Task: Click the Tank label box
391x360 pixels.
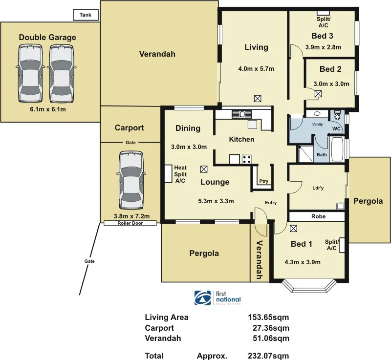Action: tap(86, 15)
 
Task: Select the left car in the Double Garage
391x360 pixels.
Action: tap(30, 73)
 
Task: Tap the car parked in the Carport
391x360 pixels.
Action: tap(130, 180)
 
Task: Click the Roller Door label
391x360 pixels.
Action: tap(130, 223)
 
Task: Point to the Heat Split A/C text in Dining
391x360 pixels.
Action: tap(180, 174)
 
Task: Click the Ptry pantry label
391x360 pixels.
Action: tap(264, 181)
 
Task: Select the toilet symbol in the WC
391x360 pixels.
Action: tap(337, 117)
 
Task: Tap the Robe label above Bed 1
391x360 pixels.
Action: tap(318, 216)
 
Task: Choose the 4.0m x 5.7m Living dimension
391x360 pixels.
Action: tap(256, 69)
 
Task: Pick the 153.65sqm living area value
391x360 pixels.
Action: tap(268, 318)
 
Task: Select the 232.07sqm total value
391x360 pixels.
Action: tap(268, 356)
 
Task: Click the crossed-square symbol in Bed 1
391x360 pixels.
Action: tap(293, 228)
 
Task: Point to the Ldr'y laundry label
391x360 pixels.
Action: tap(318, 189)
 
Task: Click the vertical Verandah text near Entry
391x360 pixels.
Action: tap(260, 260)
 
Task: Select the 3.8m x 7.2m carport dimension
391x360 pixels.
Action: tap(131, 216)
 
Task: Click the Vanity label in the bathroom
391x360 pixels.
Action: tap(318, 125)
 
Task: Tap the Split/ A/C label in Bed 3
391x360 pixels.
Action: tap(323, 22)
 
